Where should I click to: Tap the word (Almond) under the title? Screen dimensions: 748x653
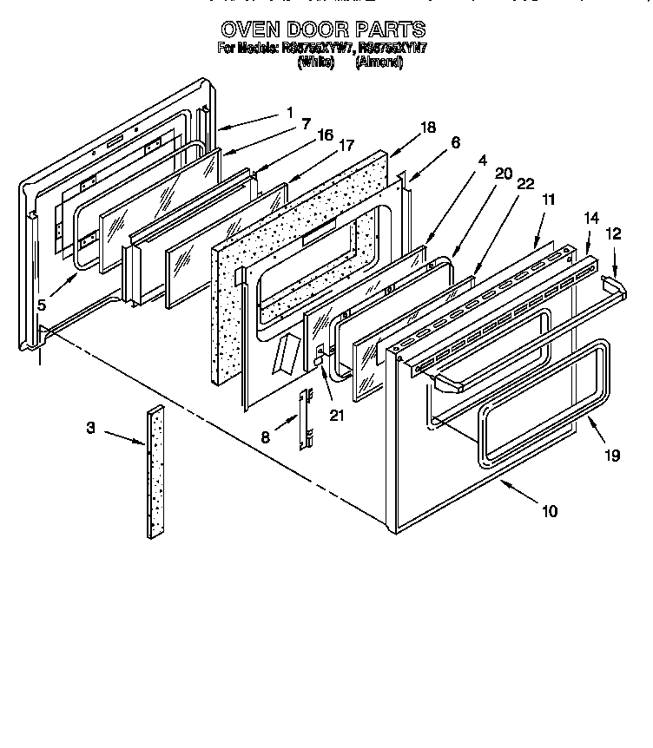(379, 63)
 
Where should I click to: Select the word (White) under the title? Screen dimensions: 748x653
(315, 63)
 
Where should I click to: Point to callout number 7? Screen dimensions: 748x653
(306, 124)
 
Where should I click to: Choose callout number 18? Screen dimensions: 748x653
(426, 128)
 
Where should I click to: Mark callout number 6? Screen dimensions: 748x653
(456, 142)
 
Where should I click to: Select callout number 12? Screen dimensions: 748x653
(614, 233)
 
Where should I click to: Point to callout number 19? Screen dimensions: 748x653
(613, 454)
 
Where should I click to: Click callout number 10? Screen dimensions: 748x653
(549, 510)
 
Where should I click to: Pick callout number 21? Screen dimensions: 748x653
(336, 415)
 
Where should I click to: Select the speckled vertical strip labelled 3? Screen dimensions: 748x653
(155, 473)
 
